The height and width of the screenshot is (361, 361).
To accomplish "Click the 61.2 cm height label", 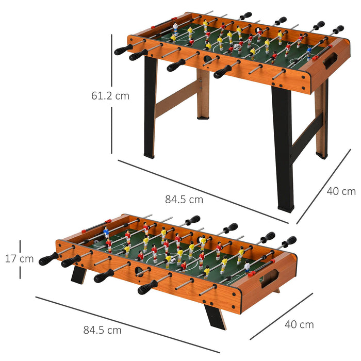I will point(110,95).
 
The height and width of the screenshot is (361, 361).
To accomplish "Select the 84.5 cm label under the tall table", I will point(184,199).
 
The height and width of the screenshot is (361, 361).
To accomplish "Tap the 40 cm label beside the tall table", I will point(341,191).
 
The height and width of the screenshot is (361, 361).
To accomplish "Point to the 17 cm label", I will point(19,259).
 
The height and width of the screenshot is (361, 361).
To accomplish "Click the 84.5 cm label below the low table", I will point(103,330).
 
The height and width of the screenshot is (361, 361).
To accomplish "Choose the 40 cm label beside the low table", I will point(299,324).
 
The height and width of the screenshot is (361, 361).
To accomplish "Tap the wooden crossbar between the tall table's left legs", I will point(176,98).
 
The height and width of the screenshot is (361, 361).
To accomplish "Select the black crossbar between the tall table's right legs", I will point(305,135).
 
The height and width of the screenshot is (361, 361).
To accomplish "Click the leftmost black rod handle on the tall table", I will point(123,50).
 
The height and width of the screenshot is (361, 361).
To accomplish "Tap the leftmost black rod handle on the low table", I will point(48,259).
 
